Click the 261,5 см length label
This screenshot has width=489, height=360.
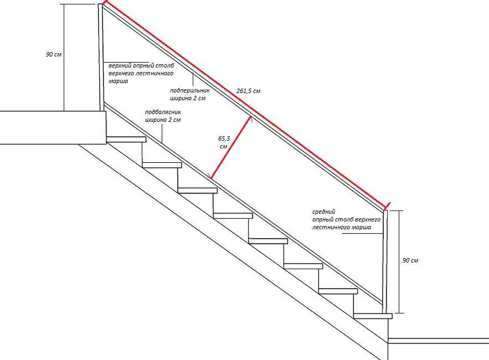pyautogui.click(x=248, y=91)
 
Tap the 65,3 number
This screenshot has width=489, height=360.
pyautogui.click(x=224, y=138)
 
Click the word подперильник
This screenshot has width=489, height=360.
pyautogui.click(x=190, y=90)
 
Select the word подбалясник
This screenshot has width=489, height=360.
pyautogui.click(x=163, y=112)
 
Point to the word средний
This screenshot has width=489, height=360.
pyautogui.click(x=324, y=212)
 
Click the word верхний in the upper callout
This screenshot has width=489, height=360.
pyautogui.click(x=120, y=66)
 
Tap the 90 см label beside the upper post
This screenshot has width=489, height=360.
pyautogui.click(x=54, y=54)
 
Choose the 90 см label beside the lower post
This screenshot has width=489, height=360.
pyautogui.click(x=410, y=260)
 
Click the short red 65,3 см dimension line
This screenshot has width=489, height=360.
pyautogui.click(x=231, y=147)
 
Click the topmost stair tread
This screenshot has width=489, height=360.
pyautogui.click(x=126, y=140)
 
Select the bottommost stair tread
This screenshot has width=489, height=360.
pyautogui.click(x=373, y=316)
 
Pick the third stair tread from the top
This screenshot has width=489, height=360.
pyautogui.click(x=197, y=191)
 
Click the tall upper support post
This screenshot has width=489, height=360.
pyautogui.click(x=101, y=58)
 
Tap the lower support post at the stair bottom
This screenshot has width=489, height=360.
pyautogui.click(x=385, y=261)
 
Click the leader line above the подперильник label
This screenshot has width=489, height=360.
pyautogui.click(x=193, y=79)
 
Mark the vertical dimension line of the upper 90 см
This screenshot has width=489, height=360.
pyautogui.click(x=64, y=58)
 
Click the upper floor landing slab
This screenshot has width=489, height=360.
pyautogui.click(x=53, y=127)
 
